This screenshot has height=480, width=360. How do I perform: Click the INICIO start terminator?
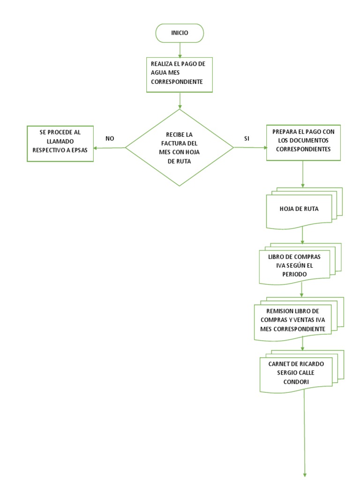pyautogui.click(x=180, y=34)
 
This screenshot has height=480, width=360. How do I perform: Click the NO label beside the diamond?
pyautogui.click(x=110, y=138)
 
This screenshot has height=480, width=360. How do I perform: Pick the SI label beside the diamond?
pyautogui.click(x=247, y=138)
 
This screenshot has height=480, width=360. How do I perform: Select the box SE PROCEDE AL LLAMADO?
pyautogui.click(x=60, y=143)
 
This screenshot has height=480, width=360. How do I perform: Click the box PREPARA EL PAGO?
pyautogui.click(x=303, y=142)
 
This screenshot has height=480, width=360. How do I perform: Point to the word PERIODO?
pyautogui.click(x=295, y=273)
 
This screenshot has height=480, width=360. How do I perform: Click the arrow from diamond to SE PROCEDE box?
pyautogui.click(x=110, y=148)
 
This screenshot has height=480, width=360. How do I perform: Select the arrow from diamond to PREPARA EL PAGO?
pyautogui.click(x=250, y=148)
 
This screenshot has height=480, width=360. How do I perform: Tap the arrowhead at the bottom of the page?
pyautogui.click(x=305, y=474)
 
